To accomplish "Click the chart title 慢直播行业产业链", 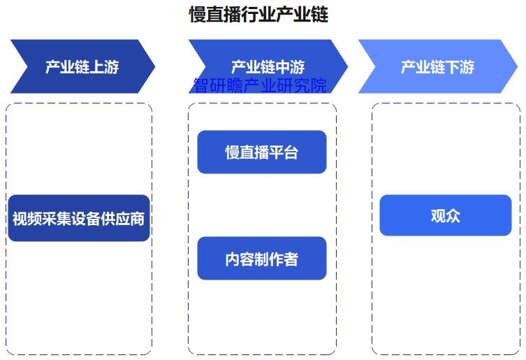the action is (x=258, y=15).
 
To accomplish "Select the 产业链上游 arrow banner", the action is (x=83, y=66).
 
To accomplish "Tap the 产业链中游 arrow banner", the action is (x=268, y=66).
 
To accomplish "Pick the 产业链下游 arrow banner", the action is (x=438, y=66).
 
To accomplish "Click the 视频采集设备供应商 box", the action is (x=79, y=218).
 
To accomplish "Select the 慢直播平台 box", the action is (x=262, y=152).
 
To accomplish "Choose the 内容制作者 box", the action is (x=262, y=259).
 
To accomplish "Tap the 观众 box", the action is (x=446, y=215).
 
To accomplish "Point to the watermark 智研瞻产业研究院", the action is (x=260, y=85).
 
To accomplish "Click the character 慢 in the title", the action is (x=198, y=15).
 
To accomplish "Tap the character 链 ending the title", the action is (x=320, y=15).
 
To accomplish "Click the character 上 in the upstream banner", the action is (x=97, y=67).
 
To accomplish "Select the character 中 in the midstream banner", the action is (x=282, y=67).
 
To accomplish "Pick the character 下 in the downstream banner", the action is (x=453, y=67).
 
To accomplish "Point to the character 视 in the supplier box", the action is (x=20, y=219).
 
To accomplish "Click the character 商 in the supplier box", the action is (x=137, y=219).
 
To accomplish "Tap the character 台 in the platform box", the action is (x=291, y=152).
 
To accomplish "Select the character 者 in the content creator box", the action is (x=291, y=259).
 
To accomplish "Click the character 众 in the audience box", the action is (x=453, y=215).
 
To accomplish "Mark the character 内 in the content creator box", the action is (x=233, y=259).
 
